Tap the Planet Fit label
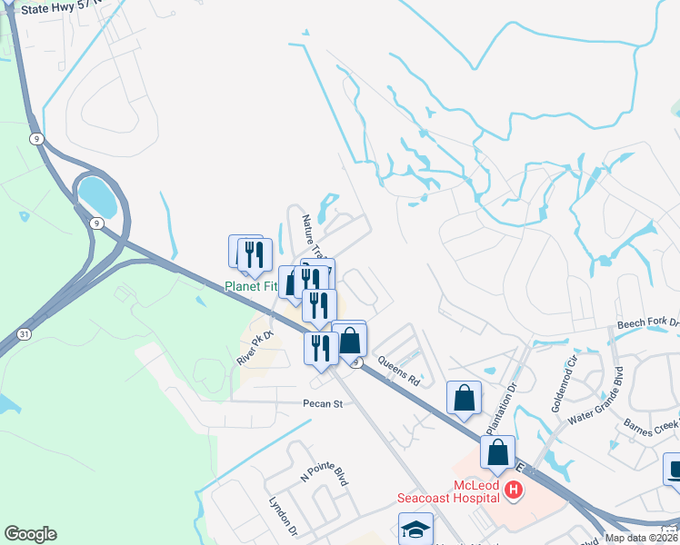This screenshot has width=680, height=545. (x=250, y=286)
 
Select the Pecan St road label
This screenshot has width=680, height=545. (x=323, y=403)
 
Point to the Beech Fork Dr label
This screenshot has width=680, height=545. (x=647, y=324)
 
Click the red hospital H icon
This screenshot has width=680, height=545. (x=514, y=491)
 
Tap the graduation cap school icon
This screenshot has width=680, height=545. (x=415, y=529)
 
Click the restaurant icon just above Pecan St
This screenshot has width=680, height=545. (x=320, y=348)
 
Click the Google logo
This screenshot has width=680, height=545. (x=30, y=534)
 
